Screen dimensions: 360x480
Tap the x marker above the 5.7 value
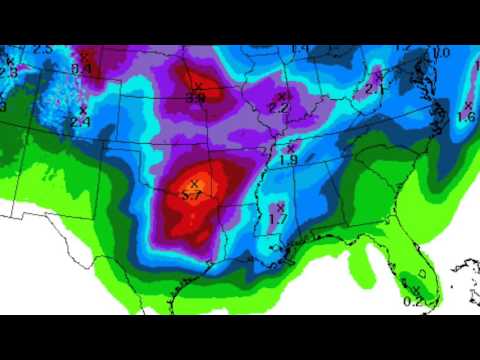[194, 185]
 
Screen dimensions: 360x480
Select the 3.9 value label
[196, 99]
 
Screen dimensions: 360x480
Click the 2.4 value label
[81, 122]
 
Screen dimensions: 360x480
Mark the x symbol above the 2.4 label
[82, 110]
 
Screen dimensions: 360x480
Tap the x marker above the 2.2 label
[283, 96]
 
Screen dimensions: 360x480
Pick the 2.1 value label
[376, 88]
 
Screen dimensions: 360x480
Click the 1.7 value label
[279, 217]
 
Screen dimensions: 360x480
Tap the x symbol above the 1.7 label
[280, 206]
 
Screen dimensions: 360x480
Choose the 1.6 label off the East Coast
[466, 117]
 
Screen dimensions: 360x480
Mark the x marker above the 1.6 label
[468, 105]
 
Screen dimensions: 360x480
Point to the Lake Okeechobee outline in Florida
[422, 271]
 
